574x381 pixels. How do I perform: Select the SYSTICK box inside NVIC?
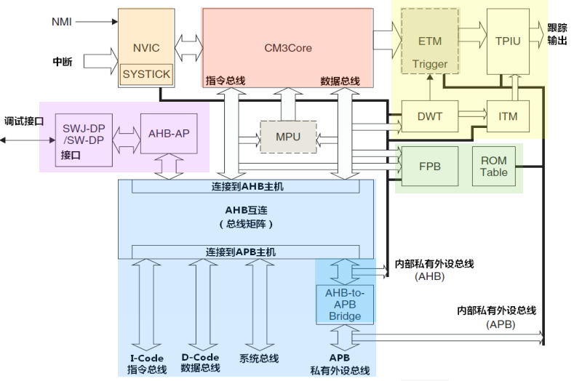[146, 74]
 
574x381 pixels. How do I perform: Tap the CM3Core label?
[287, 49]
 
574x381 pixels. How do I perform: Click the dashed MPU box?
[289, 136]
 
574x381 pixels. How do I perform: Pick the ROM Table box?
[495, 167]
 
